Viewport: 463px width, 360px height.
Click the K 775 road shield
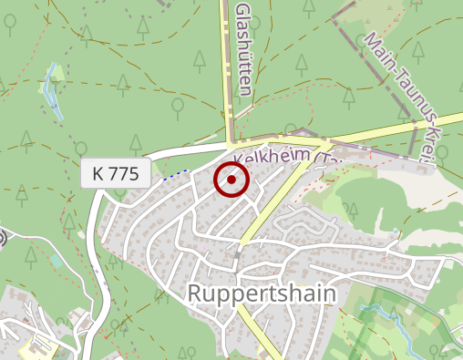click(x=116, y=174)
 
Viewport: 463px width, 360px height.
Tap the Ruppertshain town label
click(x=262, y=293)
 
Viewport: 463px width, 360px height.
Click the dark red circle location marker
click(x=231, y=180)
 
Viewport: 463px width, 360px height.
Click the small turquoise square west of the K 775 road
click(x=57, y=261)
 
